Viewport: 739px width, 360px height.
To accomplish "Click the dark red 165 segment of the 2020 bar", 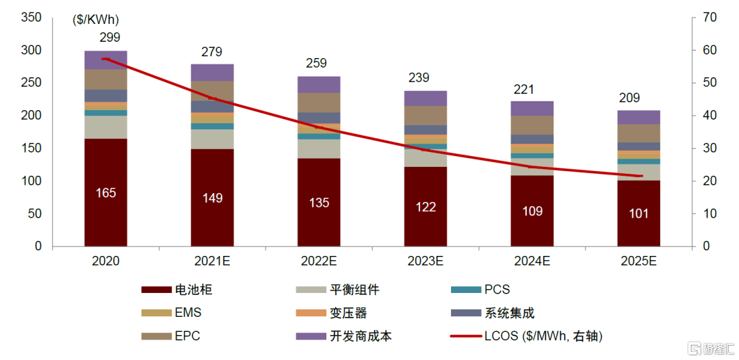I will pos(105,192).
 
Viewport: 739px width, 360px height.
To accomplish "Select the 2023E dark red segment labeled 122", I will pos(426,206).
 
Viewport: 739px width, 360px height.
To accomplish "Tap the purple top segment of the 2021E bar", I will pos(212,73).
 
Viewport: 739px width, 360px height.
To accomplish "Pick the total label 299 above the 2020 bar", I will pos(109,38).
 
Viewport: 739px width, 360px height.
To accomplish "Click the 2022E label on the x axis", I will pos(319,261).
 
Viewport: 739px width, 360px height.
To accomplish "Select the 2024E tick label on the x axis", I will pos(532,261).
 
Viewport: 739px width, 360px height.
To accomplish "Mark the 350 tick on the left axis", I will pos(32,18).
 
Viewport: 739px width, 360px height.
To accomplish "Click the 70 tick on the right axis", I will pos(709,18).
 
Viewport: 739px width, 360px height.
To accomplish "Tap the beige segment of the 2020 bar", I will pos(105,127).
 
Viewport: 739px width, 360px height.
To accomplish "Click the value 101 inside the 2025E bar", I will pos(638,213).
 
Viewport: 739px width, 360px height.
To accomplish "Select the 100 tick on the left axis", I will pos(32,181).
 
